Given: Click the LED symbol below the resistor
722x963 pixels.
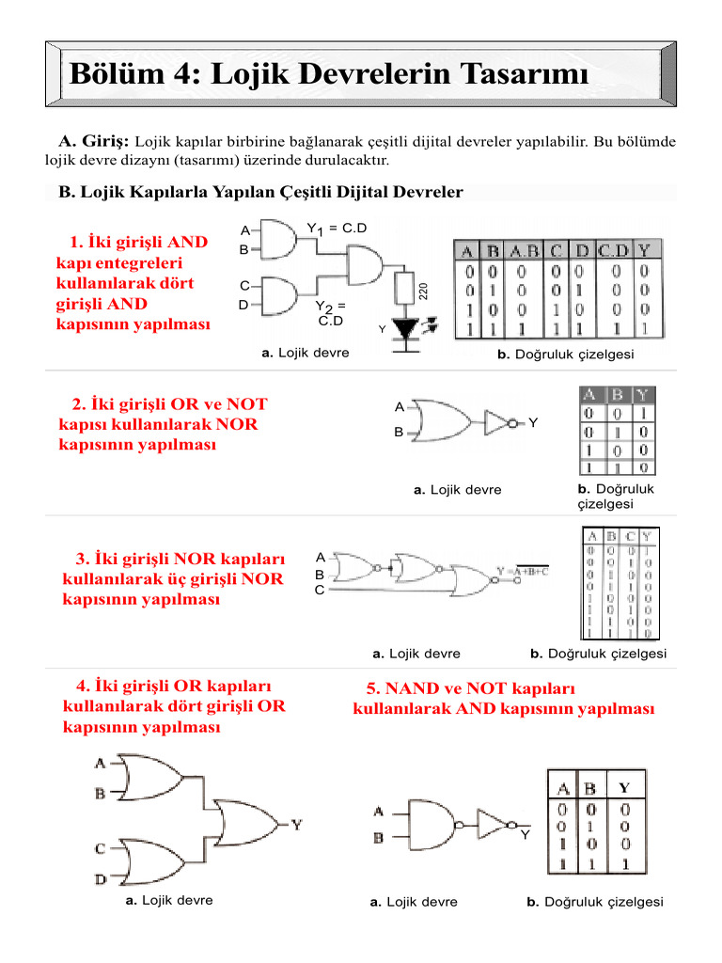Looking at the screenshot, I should coord(406,329).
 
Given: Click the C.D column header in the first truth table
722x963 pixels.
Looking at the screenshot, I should coord(614,251).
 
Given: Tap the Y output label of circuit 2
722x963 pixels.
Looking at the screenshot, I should coord(533,423).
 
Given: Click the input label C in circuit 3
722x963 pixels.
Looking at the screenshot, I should coord(320,591).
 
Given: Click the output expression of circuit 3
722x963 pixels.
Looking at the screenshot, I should coord(522,571).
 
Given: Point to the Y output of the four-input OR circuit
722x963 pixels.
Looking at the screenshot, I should coord(297,825).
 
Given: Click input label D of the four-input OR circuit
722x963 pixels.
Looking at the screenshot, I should coord(100,879).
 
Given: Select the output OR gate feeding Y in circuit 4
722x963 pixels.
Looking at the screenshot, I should coord(246,825).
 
